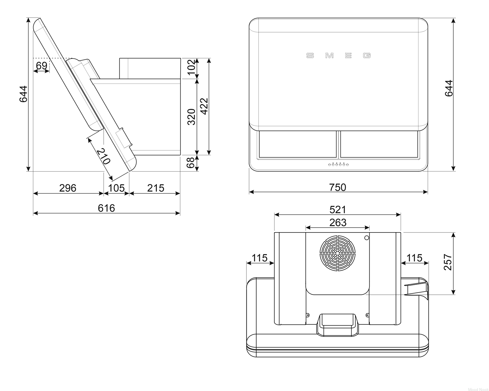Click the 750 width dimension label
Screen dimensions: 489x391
[337, 188]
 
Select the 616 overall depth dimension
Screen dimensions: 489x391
[106, 208]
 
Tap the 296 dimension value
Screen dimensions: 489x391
[68, 188]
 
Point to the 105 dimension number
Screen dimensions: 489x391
[116, 188]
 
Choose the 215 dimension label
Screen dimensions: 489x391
[156, 188]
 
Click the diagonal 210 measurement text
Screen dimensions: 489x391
[103, 156]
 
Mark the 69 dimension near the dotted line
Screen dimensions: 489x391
[42, 66]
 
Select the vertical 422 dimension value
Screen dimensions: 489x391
[204, 106]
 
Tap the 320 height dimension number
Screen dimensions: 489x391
[191, 117]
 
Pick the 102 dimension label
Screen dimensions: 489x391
[191, 67]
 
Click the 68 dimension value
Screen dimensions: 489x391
[190, 163]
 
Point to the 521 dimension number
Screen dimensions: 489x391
[338, 210]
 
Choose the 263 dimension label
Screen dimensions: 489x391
[338, 222]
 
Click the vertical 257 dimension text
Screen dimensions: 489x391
[448, 262]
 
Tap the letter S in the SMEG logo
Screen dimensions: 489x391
[310, 55]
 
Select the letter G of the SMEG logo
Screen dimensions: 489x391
[367, 55]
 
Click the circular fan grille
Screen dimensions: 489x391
[337, 253]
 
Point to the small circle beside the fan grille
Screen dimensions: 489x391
[366, 238]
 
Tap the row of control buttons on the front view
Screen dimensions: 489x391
[338, 164]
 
